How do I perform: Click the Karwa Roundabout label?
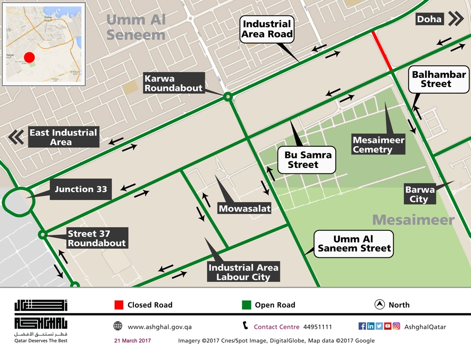coord(173,83)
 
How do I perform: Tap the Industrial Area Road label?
coord(267,29)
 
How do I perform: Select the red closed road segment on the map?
coord(382,51)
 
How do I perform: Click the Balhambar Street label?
coord(438,79)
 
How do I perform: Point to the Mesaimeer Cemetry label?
coord(379,145)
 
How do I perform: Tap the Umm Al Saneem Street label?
coord(354,244)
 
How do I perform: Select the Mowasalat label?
coord(244,208)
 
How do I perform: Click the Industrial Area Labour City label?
coord(243,272)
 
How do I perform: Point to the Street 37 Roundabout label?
coord(97,238)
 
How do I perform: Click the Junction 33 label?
coord(81,189)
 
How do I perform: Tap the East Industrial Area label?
coord(63,137)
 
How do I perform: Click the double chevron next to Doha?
coord(456,19)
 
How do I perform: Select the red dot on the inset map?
coord(30,57)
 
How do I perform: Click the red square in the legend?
coord(119,305)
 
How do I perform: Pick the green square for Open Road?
coord(247,305)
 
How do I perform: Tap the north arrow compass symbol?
coord(380,305)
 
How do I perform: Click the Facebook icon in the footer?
coord(362,326)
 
